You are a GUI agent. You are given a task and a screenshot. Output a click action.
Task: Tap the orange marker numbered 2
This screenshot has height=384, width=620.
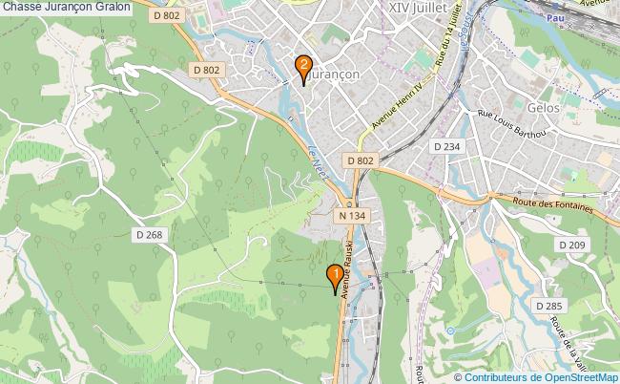coord(303,67)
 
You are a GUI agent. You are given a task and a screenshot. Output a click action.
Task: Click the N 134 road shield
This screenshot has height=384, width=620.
coord(351,217)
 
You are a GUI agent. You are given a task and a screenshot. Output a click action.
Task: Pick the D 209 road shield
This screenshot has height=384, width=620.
coord(571,245)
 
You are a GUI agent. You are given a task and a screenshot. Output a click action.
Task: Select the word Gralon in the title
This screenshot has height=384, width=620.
coord(113,7)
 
